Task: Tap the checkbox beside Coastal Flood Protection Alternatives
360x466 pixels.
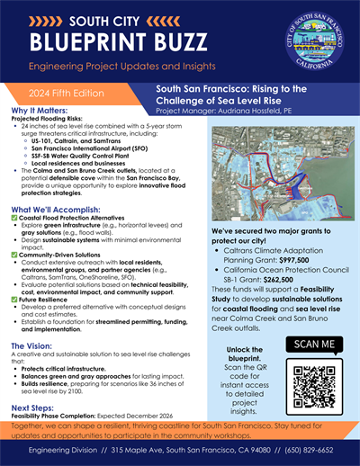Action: tap(15, 220)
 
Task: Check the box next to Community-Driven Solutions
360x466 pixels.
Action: tap(15, 254)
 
